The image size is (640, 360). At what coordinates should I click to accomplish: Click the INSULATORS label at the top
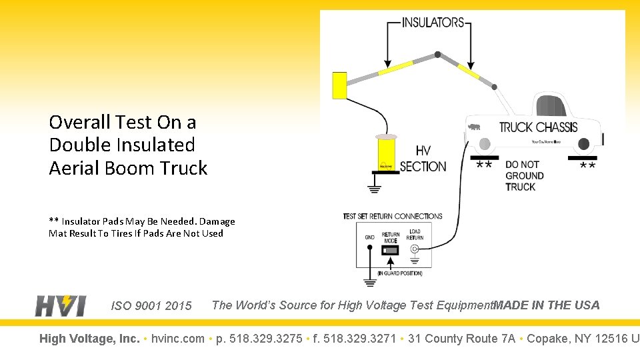[433, 22]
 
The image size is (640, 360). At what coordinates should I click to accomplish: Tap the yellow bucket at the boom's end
[339, 85]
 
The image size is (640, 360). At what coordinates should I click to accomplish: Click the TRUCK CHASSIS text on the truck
[538, 127]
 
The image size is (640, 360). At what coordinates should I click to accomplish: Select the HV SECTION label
[423, 159]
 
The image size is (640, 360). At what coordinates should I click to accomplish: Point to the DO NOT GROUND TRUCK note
[524, 175]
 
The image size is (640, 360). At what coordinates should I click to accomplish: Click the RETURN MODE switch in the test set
[391, 251]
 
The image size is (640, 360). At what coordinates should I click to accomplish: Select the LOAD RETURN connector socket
[414, 250]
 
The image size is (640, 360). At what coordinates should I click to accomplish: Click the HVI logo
[61, 305]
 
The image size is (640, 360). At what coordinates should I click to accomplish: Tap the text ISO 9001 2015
[151, 306]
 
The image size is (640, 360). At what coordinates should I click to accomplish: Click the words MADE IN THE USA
[547, 305]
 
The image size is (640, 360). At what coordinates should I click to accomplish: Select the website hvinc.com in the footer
[178, 339]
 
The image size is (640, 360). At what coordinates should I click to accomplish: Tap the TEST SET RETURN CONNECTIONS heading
[393, 216]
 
